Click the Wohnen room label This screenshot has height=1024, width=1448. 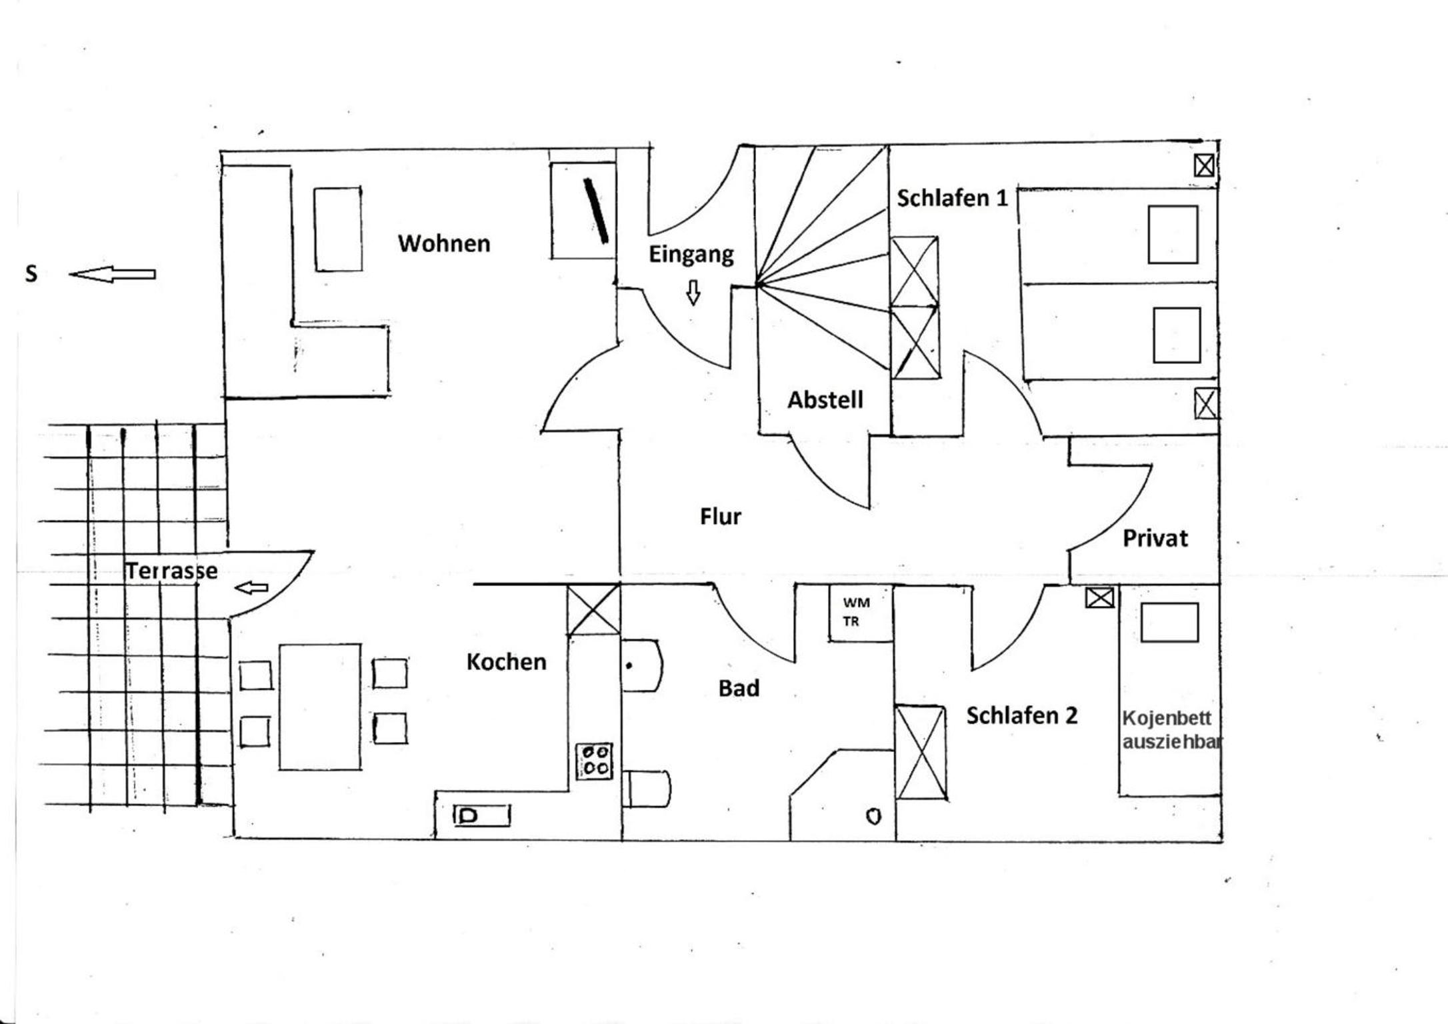click(x=444, y=243)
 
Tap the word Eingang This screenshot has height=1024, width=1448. click(x=691, y=255)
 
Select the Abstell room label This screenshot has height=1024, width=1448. click(x=825, y=400)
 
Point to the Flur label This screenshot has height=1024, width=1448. click(x=721, y=516)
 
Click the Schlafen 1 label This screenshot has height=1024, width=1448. click(x=952, y=198)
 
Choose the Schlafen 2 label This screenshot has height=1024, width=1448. click(x=1022, y=715)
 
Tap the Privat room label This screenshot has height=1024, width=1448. click(x=1155, y=538)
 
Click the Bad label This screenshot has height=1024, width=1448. click(x=739, y=688)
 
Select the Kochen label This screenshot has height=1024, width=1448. click(x=507, y=662)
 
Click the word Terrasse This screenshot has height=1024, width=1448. click(x=171, y=571)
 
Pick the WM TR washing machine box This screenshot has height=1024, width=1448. click(x=861, y=613)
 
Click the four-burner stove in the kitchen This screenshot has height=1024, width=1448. click(x=595, y=761)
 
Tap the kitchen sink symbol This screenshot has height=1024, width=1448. click(x=482, y=815)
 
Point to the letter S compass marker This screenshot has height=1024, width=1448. click(x=31, y=274)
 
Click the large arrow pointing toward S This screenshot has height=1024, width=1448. click(x=112, y=274)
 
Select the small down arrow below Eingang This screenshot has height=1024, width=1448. click(x=693, y=292)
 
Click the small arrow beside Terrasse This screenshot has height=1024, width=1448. click(x=251, y=587)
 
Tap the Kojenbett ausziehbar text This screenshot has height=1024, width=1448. click(x=1172, y=729)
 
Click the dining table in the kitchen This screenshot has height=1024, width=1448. click(x=320, y=707)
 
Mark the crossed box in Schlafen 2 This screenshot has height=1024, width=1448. click(x=921, y=752)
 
